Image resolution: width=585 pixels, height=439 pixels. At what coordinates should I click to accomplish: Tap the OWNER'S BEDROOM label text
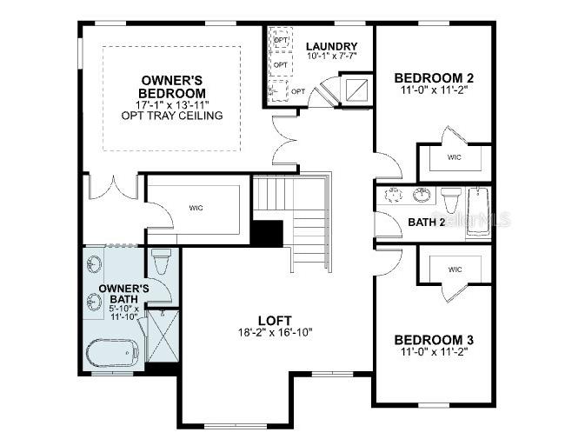(x=173, y=87)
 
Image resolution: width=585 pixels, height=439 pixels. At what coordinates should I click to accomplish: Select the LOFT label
(x=274, y=319)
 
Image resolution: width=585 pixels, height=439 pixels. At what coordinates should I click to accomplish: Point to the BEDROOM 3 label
(x=434, y=339)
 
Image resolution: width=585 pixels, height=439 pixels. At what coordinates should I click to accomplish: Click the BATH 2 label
(x=427, y=223)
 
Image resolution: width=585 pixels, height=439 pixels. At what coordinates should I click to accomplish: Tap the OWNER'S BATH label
(x=123, y=295)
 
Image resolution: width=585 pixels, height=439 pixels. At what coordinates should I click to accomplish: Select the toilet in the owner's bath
(x=162, y=262)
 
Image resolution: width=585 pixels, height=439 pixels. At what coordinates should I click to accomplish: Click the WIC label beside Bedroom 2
(x=454, y=157)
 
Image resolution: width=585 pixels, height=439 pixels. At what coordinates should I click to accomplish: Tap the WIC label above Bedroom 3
(x=455, y=269)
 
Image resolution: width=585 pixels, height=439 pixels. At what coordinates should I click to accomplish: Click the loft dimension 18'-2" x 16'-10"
(x=274, y=332)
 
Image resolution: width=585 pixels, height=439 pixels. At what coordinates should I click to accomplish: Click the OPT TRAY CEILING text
(x=173, y=116)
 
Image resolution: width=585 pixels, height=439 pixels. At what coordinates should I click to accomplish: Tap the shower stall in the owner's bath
(x=162, y=336)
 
